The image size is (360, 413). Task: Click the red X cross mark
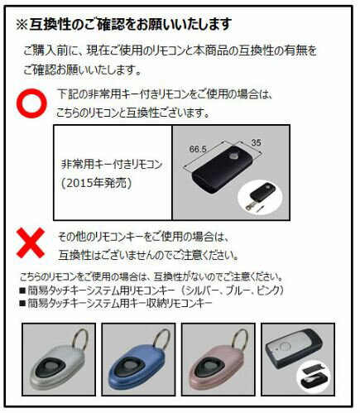point(31,243)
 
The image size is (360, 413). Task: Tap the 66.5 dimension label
point(198,149)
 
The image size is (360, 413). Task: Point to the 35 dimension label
point(256,142)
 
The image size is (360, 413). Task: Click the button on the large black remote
point(233,156)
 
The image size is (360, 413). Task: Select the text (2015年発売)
point(96,183)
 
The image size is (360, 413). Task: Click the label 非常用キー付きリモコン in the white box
point(112,165)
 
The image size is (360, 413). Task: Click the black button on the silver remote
point(51,367)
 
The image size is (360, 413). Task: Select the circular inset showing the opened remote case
point(314,377)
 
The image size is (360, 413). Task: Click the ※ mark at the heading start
point(22,25)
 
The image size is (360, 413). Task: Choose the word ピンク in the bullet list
point(264,291)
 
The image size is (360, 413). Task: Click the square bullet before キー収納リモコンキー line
point(22,304)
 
